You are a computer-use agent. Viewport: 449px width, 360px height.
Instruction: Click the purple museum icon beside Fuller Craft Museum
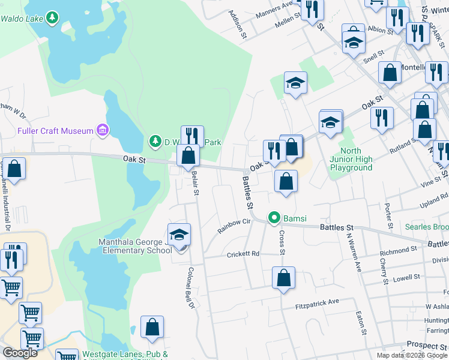pos(103,130)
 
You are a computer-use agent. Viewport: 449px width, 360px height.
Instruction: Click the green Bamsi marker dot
pos(274,217)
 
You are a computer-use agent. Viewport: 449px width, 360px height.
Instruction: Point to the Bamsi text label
pos(295,217)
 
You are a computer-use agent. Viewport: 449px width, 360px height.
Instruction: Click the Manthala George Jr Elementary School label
pos(127,247)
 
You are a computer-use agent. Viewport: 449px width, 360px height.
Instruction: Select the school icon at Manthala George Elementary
pos(179,236)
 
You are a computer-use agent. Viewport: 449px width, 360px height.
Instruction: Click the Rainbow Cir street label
pos(234,227)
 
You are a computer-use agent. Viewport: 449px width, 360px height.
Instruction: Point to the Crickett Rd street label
pos(243,254)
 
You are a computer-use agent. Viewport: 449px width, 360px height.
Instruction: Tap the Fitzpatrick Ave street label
pos(318,304)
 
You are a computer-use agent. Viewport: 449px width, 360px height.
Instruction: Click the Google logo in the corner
pos(20,353)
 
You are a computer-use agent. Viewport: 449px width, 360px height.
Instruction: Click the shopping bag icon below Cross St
pos(283,279)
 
